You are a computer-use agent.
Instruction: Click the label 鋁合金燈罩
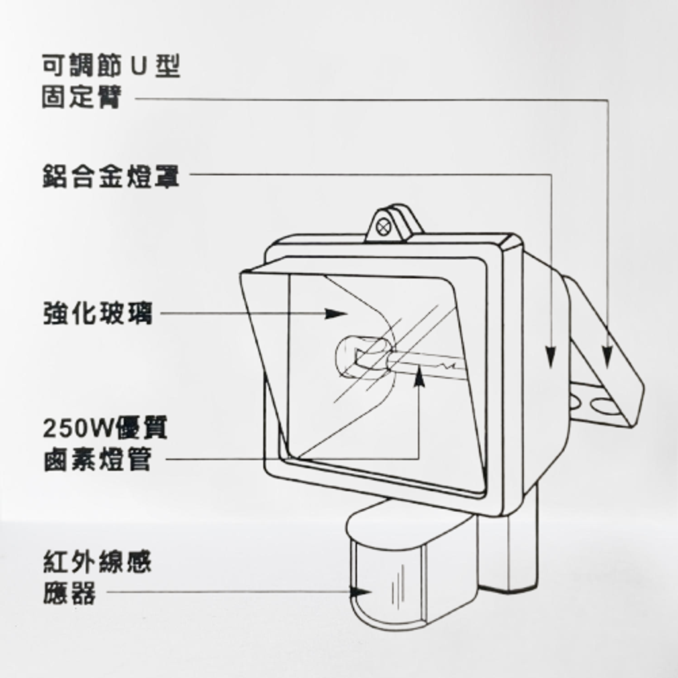coord(111,176)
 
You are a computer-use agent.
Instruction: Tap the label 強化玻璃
coord(98,313)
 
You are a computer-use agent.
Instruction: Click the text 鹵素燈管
coord(98,460)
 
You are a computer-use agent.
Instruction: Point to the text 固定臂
coord(81,96)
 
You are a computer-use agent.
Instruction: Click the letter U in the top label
coord(139,66)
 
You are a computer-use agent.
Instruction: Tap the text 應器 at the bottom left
coord(69,593)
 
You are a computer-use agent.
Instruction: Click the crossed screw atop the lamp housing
coord(383,226)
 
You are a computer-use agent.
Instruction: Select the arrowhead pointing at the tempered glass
coord(336,313)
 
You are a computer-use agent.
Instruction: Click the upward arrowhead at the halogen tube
coord(418,376)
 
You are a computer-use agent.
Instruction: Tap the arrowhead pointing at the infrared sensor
coord(360,591)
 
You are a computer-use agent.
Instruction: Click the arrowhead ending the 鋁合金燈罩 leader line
coord(550,357)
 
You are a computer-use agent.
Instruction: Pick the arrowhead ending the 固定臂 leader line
coord(608,357)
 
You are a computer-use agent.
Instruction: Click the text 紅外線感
coord(98,561)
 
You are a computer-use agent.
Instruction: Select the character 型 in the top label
coord(168,66)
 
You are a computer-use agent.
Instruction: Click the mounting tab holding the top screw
coord(393,222)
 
